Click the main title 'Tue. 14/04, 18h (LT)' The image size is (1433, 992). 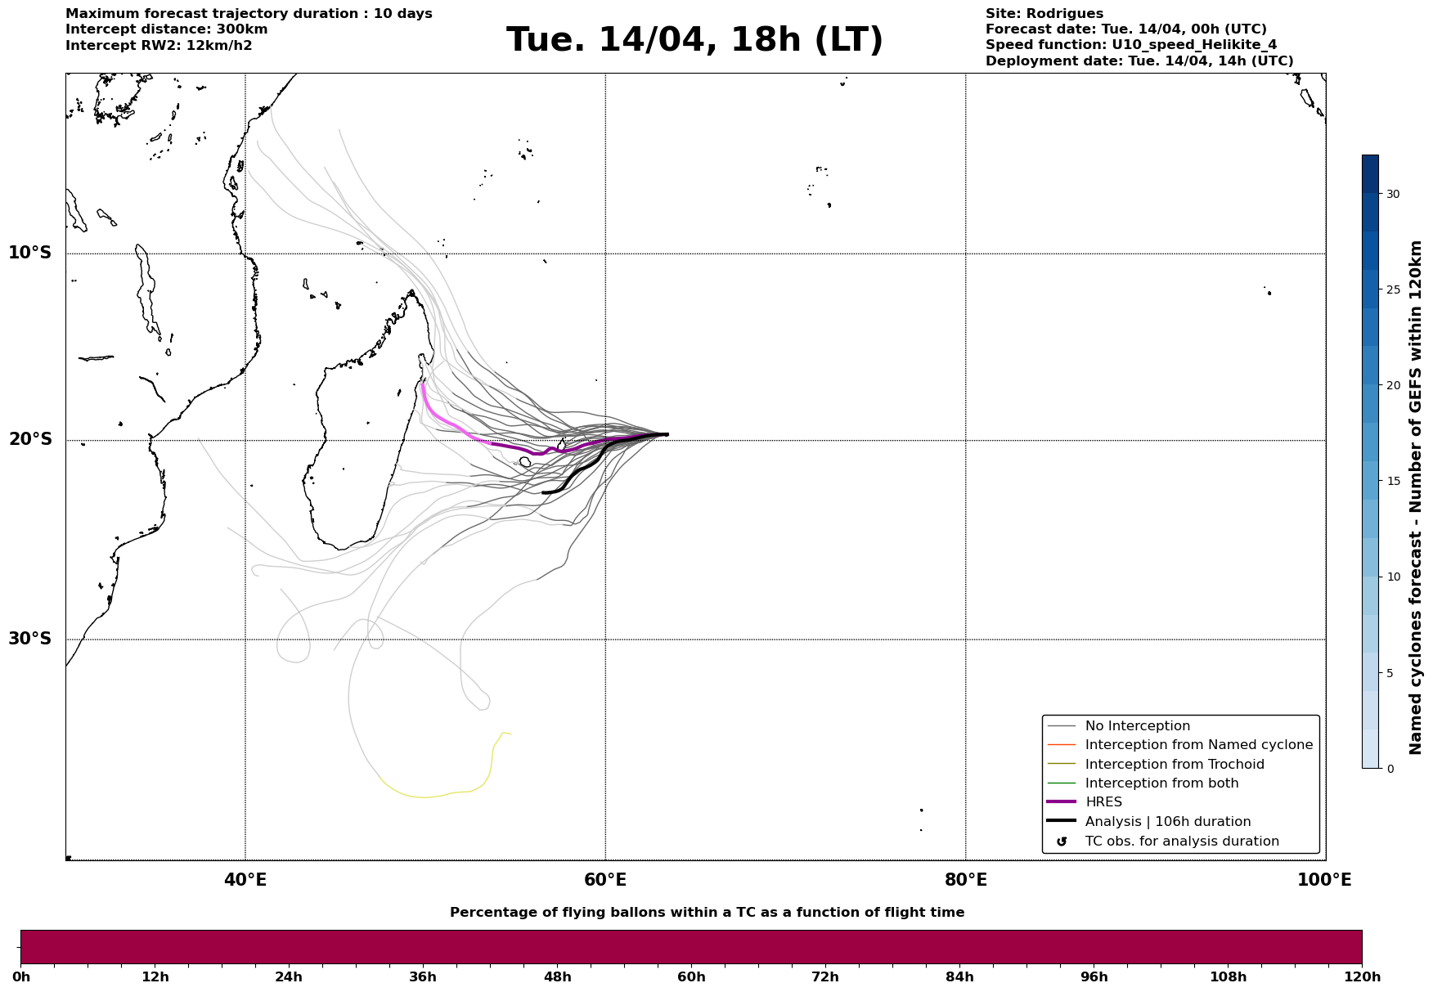[x=694, y=40]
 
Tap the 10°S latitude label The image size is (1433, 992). [x=30, y=253]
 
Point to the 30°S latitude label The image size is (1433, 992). [x=30, y=639]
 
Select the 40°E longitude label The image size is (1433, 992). [x=245, y=880]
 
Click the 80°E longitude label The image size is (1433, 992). [x=965, y=880]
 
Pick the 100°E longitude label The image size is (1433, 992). [x=1324, y=880]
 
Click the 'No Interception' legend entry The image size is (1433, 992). [x=1137, y=726]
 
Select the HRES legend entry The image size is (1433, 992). [x=1103, y=802]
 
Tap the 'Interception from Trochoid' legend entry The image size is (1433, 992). [x=1174, y=765]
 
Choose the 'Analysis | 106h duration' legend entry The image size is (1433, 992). [x=1167, y=822]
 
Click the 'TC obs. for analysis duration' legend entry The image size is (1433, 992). [x=1181, y=842]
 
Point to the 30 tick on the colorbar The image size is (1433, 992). [x=1392, y=194]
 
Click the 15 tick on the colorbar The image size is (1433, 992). [x=1392, y=481]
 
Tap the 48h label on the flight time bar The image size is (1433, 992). [x=557, y=977]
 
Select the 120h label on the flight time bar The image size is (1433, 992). [x=1362, y=977]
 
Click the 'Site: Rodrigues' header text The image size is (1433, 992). [x=1044, y=14]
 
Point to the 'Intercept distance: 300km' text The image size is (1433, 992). [x=166, y=29]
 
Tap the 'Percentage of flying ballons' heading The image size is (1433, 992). [x=707, y=913]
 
